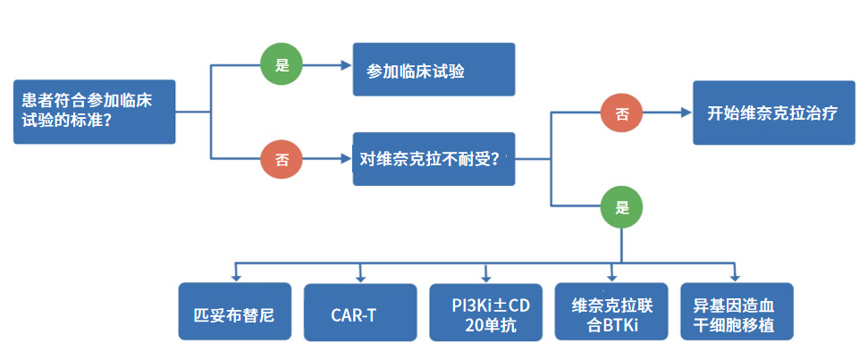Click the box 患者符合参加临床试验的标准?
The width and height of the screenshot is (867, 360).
pos(95,112)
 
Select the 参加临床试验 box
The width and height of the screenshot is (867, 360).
pos(433,70)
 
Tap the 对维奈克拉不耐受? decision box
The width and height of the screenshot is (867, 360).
pos(433,159)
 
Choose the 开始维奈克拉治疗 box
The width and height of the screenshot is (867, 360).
pos(771,113)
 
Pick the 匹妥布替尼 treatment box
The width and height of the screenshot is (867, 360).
pos(235,312)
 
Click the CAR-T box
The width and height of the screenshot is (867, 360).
pos(360,312)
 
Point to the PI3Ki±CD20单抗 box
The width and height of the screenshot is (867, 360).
pos(485,312)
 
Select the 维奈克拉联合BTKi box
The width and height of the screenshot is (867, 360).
pos(611,312)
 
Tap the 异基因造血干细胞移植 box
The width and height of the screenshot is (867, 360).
pos(736,312)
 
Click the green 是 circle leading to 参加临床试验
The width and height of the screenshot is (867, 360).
pos(281,66)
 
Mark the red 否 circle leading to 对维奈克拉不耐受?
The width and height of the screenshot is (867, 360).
pos(281,160)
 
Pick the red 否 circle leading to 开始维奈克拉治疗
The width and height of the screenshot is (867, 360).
pos(623,113)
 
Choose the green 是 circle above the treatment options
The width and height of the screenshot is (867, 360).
pos(623,207)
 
